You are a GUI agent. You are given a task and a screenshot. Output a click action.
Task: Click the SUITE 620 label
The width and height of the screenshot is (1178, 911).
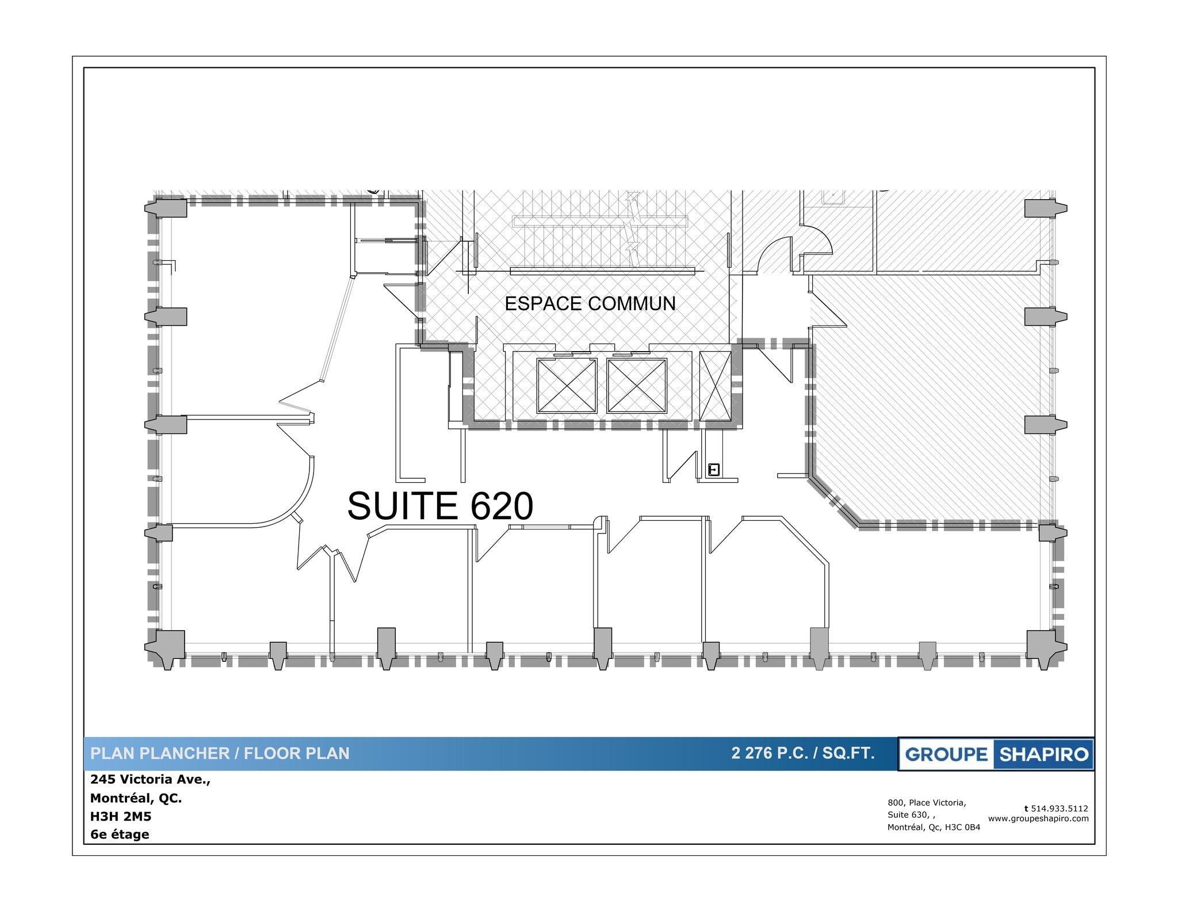440,506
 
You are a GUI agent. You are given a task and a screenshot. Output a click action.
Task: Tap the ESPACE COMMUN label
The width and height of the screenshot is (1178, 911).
590,304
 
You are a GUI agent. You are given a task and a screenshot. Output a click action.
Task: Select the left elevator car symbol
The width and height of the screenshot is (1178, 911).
567,386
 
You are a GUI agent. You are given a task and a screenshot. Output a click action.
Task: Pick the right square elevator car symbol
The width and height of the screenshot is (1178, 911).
637,386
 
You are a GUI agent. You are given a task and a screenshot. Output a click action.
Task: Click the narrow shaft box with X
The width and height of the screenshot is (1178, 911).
715,386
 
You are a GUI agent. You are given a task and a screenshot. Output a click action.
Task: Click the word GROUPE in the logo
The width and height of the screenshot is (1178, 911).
946,754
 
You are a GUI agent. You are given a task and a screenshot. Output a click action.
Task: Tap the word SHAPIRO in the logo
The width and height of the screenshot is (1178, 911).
1043,754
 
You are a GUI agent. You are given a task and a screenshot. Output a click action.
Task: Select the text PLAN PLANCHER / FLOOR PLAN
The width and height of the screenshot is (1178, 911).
220,754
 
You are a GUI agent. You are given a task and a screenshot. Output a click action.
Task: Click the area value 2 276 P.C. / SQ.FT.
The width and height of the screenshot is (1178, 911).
802,753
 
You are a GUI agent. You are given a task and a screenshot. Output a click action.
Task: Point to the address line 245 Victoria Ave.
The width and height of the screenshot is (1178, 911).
151,780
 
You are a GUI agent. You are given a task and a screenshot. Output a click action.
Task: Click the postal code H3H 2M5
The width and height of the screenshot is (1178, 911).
121,817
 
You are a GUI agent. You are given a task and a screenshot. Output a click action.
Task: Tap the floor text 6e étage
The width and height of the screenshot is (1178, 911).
120,834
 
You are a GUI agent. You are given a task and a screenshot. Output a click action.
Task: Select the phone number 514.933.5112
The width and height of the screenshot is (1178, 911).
1059,809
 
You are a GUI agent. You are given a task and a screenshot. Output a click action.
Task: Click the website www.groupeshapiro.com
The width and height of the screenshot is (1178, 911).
1038,819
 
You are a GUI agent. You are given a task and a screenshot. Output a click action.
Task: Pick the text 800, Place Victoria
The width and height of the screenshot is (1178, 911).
927,803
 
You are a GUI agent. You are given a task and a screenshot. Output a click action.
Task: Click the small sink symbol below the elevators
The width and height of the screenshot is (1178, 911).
714,470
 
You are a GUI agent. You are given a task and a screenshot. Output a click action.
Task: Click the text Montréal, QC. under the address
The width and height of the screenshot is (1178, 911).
136,798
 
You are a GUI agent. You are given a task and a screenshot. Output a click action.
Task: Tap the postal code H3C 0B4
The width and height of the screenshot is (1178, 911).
963,828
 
